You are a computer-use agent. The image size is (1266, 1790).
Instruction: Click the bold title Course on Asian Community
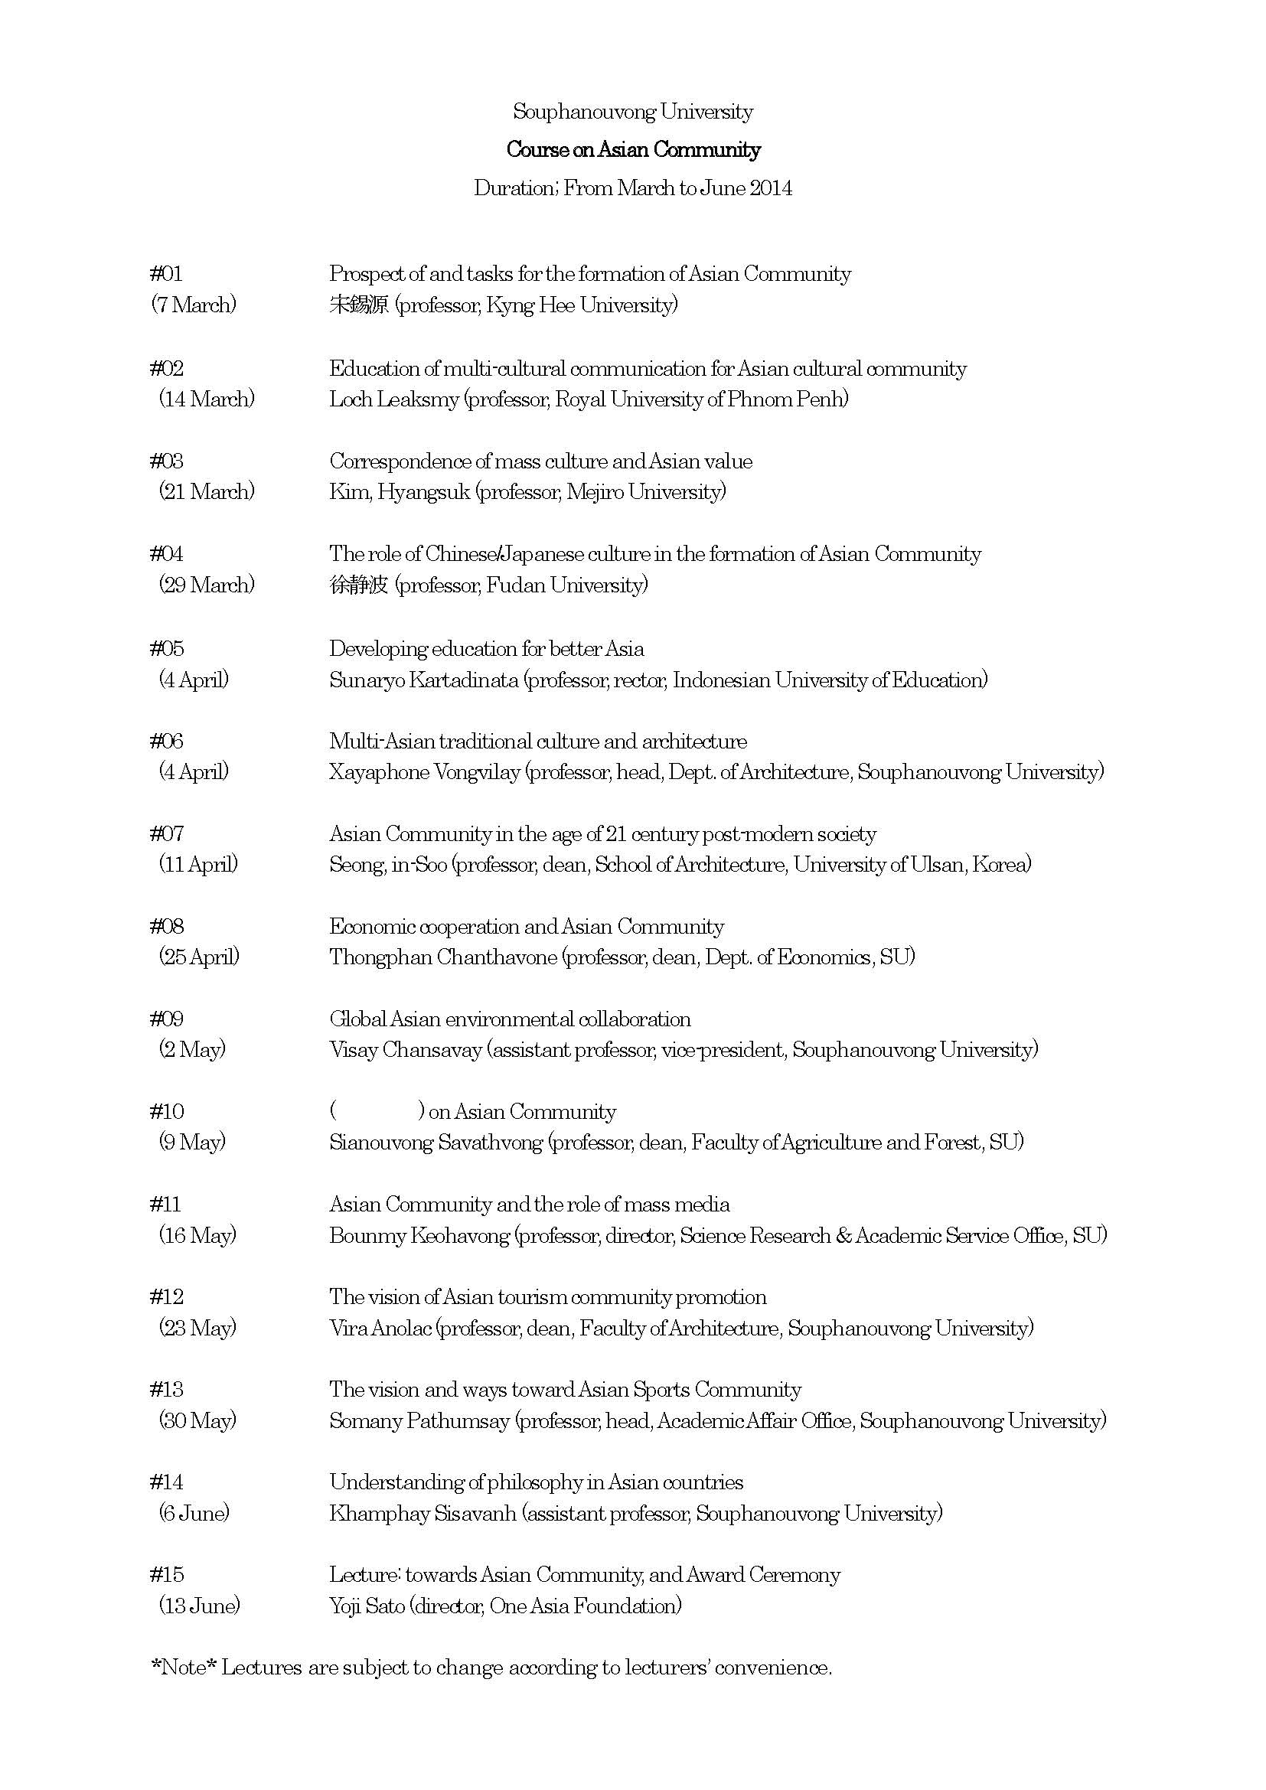point(633,150)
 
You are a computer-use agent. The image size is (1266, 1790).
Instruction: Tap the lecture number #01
point(166,274)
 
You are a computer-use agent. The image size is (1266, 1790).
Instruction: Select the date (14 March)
point(207,399)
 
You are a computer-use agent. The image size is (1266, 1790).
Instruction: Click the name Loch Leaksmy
point(393,399)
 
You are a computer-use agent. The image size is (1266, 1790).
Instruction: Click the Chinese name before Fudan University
point(358,585)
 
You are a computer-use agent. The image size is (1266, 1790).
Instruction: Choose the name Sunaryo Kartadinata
point(423,680)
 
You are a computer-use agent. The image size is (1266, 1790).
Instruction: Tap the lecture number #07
point(166,834)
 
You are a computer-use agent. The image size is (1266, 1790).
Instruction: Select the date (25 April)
point(199,957)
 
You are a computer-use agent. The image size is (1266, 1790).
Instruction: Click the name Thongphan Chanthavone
point(442,957)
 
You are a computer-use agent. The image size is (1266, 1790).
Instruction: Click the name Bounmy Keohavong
point(419,1236)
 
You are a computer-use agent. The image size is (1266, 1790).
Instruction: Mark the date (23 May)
point(197,1328)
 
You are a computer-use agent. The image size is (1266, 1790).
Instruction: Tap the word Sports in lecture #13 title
point(661,1390)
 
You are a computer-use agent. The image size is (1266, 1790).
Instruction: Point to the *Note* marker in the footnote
point(183,1668)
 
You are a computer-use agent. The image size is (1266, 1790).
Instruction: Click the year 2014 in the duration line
point(771,188)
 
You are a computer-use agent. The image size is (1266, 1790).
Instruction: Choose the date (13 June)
point(200,1606)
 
